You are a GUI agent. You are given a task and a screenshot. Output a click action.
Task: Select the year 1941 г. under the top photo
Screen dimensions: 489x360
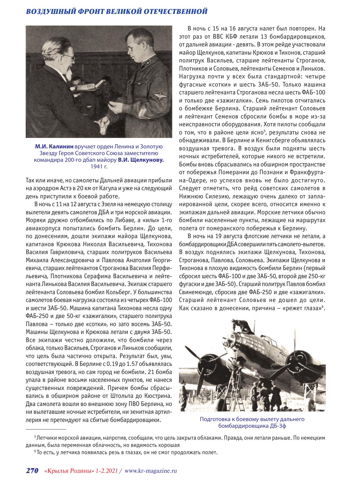(99, 167)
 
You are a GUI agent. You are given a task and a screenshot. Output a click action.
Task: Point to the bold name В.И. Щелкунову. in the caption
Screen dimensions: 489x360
(141, 160)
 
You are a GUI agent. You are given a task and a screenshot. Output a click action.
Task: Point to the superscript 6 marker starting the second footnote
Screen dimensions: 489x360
(35, 452)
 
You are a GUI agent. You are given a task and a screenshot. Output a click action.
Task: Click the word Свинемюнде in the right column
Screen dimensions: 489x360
(195, 292)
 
